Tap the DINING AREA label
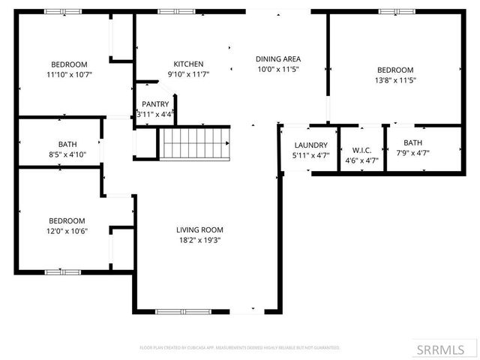[x=278, y=58]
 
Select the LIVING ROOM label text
[x=199, y=229]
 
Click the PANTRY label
[x=155, y=104]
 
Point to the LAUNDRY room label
[x=309, y=145]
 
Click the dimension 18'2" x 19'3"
[x=199, y=240]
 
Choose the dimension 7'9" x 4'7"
[x=412, y=152]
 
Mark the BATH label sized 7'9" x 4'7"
[x=412, y=142]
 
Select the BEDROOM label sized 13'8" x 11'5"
[x=395, y=70]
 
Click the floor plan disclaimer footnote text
[x=240, y=348]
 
